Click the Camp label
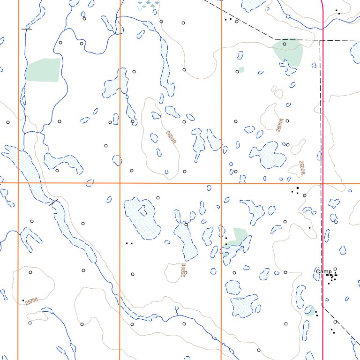point(323,271)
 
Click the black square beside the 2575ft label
point(23,300)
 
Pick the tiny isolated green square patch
point(241,70)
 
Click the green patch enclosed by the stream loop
point(43,70)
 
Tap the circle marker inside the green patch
point(285,44)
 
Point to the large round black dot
point(297,188)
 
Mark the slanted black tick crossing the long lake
point(53,202)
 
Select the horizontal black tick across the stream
point(27,29)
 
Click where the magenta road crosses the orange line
point(323,183)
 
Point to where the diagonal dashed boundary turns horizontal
point(274,39)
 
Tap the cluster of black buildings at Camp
point(332,278)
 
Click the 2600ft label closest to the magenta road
point(302,168)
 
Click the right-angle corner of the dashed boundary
point(320,41)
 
